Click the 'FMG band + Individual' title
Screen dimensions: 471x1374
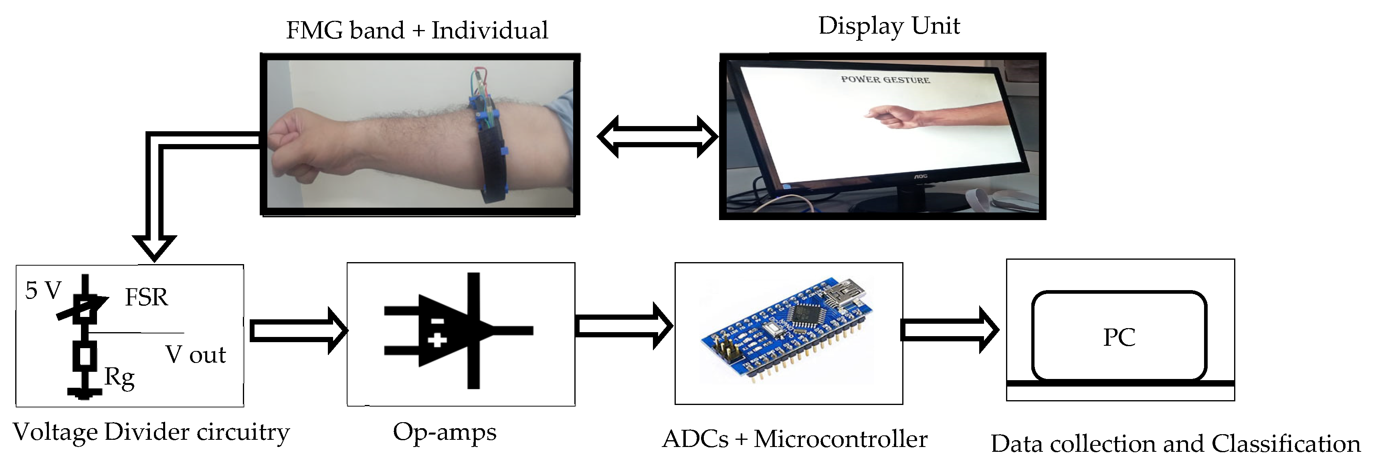point(417,30)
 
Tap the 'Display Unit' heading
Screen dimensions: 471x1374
point(889,26)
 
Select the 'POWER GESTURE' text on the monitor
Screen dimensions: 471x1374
point(885,80)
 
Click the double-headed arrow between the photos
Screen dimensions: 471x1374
point(657,137)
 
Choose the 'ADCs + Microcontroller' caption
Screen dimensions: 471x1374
point(795,439)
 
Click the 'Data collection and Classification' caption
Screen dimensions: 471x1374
point(1176,444)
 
